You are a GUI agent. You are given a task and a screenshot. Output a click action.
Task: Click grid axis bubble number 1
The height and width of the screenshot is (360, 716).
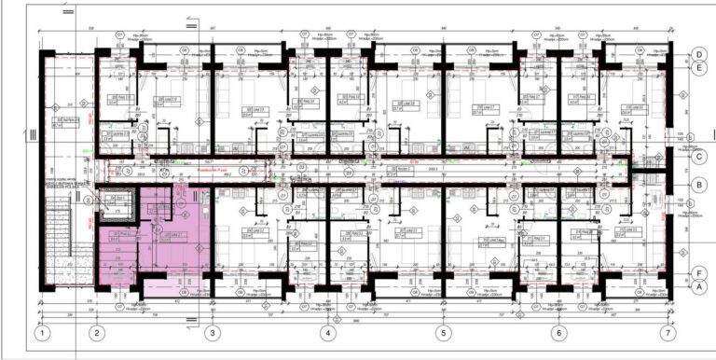tap(41, 333)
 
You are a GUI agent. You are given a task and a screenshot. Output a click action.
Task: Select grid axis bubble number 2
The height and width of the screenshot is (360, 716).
tap(95, 333)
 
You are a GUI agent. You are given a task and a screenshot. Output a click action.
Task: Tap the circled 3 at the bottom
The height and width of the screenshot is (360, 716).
tap(212, 333)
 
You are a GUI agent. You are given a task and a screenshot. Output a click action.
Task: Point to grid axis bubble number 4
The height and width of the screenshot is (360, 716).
tap(327, 333)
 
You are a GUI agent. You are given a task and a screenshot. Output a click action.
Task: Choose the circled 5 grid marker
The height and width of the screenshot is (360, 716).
tap(443, 333)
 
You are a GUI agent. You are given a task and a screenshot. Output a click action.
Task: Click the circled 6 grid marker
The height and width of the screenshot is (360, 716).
tap(558, 333)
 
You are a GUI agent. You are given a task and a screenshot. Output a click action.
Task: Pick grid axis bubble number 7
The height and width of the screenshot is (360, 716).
tap(667, 333)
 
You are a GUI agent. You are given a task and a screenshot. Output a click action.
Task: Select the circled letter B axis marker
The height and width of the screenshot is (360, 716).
tap(697, 186)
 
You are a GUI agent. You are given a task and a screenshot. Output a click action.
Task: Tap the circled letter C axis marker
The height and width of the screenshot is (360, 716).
tap(697, 157)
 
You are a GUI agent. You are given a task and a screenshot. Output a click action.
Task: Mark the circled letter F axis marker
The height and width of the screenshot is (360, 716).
tap(697, 273)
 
